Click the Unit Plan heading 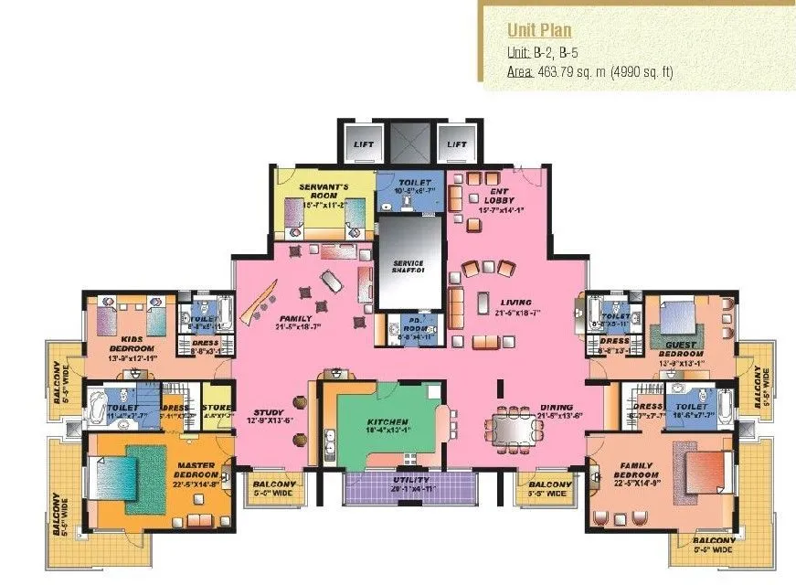pyautogui.click(x=539, y=30)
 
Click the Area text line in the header pyautogui.click(x=589, y=71)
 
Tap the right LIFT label pyautogui.click(x=456, y=144)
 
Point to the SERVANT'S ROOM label pyautogui.click(x=323, y=190)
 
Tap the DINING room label pyautogui.click(x=556, y=407)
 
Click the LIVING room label pyautogui.click(x=516, y=303)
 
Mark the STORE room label pyautogui.click(x=217, y=409)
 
